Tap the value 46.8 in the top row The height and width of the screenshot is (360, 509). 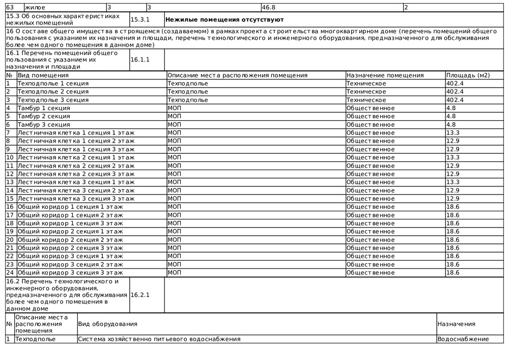point(268,8)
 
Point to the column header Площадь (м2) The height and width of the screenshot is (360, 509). point(468,75)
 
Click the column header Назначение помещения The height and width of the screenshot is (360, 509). point(385,75)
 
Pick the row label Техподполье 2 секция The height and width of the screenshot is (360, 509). point(53,92)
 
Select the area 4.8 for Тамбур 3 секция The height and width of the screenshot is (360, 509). point(451,125)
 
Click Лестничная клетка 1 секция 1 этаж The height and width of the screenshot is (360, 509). point(76,133)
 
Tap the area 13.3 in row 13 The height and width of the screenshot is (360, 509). point(453,182)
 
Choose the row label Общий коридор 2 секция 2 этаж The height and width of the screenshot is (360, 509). point(70,240)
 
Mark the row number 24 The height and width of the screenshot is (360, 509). point(10,273)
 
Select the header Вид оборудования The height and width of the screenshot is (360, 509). point(107,324)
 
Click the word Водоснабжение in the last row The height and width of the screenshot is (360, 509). point(463,339)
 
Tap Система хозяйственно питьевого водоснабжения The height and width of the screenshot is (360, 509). point(159,339)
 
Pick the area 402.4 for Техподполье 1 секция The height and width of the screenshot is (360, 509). point(455,84)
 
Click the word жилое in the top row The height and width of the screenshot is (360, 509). point(35,8)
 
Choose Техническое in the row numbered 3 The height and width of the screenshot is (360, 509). point(366,100)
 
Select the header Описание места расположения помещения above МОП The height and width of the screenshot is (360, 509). point(237,75)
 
